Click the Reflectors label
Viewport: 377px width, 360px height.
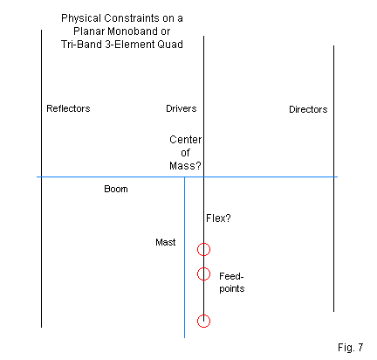click(68, 108)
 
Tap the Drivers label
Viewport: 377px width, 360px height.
click(182, 108)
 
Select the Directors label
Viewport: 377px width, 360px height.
click(308, 109)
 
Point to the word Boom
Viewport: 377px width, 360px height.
click(116, 189)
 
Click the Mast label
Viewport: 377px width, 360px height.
click(166, 242)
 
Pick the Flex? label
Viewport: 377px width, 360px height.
click(218, 218)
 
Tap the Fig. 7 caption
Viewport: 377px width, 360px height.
click(350, 348)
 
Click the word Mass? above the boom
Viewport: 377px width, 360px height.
click(185, 166)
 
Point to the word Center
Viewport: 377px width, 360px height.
click(185, 140)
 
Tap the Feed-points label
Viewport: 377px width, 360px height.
click(232, 282)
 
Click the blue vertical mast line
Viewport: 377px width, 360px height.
click(184, 258)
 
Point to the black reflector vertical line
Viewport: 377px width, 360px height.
click(41, 178)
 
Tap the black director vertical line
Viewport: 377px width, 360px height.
click(333, 178)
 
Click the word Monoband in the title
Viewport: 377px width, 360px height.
click(130, 31)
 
